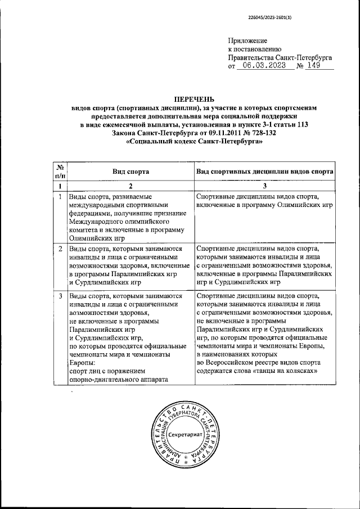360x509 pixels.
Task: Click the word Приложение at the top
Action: (x=247, y=41)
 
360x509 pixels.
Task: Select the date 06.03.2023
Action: (x=262, y=65)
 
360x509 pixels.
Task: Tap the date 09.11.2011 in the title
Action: (x=212, y=133)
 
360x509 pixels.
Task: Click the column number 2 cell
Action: (x=130, y=186)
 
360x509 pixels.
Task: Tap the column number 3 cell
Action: (x=265, y=186)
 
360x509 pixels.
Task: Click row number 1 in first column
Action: (x=60, y=196)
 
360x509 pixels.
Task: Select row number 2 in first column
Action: (x=60, y=248)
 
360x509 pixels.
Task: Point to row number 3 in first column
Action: (x=60, y=295)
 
